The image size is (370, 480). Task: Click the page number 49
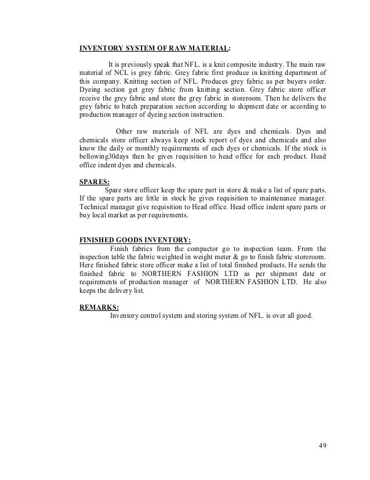point(324,446)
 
